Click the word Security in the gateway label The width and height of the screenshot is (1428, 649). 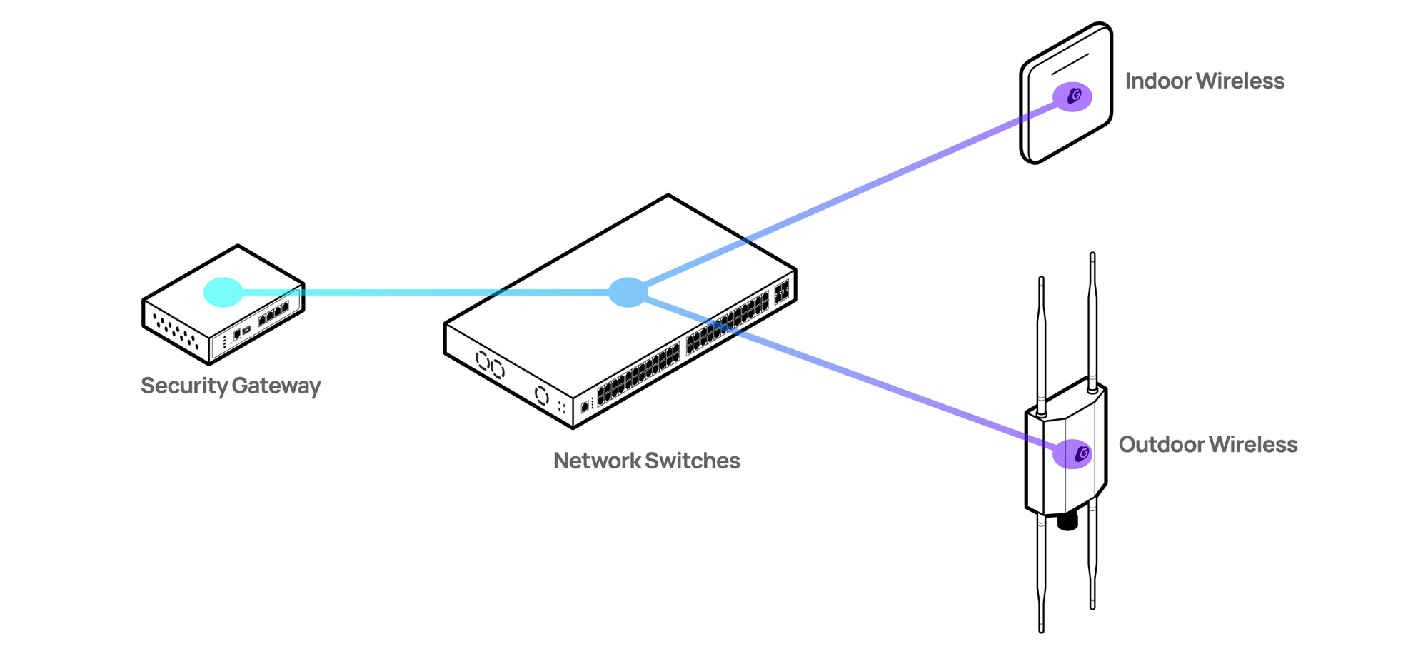click(x=183, y=386)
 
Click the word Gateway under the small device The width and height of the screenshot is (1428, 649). click(x=276, y=386)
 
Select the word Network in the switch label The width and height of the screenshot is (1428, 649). click(x=597, y=461)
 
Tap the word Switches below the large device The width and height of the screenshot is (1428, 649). click(x=692, y=461)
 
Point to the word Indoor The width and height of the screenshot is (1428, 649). click(x=1157, y=81)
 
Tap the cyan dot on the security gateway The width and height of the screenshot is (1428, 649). click(x=223, y=292)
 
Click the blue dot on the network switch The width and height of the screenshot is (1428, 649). click(x=628, y=292)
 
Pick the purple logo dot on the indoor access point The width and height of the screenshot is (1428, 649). click(x=1072, y=96)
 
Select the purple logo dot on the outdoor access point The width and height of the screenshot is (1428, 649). click(x=1073, y=453)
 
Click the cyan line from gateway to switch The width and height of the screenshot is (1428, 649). click(x=428, y=292)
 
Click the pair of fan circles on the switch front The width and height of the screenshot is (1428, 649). click(x=490, y=365)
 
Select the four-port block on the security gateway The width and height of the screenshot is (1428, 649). click(x=273, y=313)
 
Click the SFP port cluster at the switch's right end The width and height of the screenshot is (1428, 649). click(x=782, y=291)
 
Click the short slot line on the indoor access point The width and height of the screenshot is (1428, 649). click(x=1070, y=64)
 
